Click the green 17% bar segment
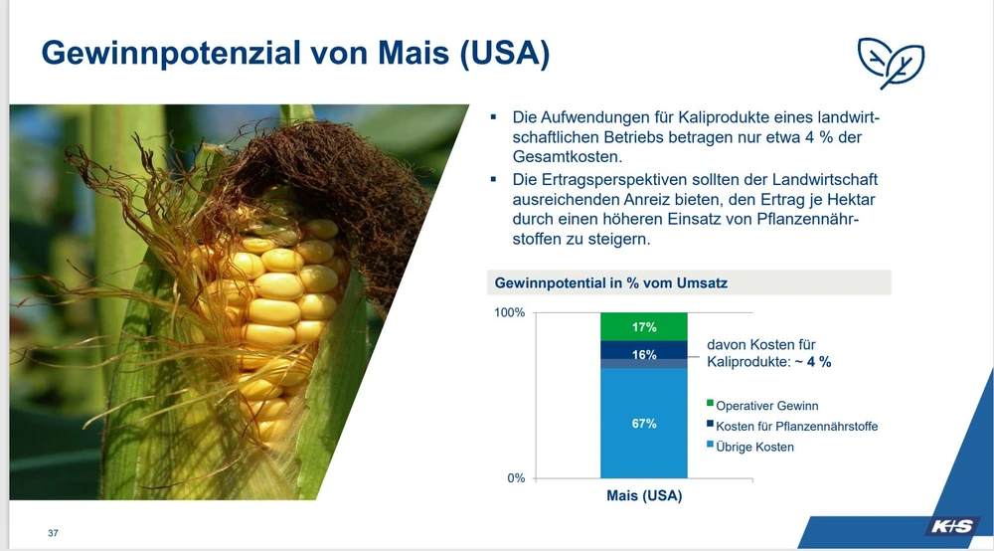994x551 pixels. pyautogui.click(x=643, y=326)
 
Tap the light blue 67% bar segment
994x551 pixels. pyautogui.click(x=643, y=423)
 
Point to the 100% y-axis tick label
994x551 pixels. pyautogui.click(x=510, y=312)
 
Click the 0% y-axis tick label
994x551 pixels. pyautogui.click(x=516, y=478)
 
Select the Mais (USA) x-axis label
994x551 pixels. pyautogui.click(x=644, y=496)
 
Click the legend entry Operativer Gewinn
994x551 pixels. pyautogui.click(x=762, y=406)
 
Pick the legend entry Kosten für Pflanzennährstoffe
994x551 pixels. pyautogui.click(x=792, y=426)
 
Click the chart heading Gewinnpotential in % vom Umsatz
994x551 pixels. pyautogui.click(x=610, y=282)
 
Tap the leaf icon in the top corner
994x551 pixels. pyautogui.click(x=891, y=63)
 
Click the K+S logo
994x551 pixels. pyautogui.click(x=951, y=526)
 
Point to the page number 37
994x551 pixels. pyautogui.click(x=54, y=533)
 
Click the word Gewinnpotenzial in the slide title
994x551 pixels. pyautogui.click(x=171, y=53)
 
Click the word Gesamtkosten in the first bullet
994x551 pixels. pyautogui.click(x=568, y=156)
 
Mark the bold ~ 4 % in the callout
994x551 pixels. pyautogui.click(x=813, y=362)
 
